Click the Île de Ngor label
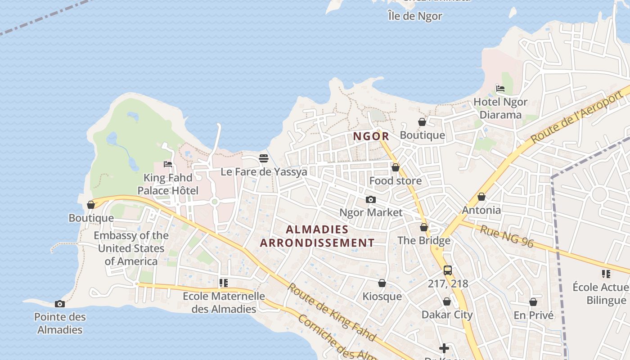[415, 16]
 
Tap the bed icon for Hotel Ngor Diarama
[500, 89]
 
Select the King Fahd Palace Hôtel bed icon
[168, 164]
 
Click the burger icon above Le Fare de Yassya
[264, 158]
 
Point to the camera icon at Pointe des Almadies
[59, 304]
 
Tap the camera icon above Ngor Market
[370, 199]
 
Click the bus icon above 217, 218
[447, 270]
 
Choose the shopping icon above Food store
[396, 167]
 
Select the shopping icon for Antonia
[481, 197]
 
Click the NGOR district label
[371, 136]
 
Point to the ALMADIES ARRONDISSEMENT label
[317, 236]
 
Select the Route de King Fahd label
[331, 311]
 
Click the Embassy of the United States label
[131, 248]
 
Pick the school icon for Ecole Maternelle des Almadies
[224, 283]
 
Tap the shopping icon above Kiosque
[382, 283]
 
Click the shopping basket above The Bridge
[423, 227]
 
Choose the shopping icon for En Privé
[533, 302]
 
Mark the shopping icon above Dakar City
[447, 301]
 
